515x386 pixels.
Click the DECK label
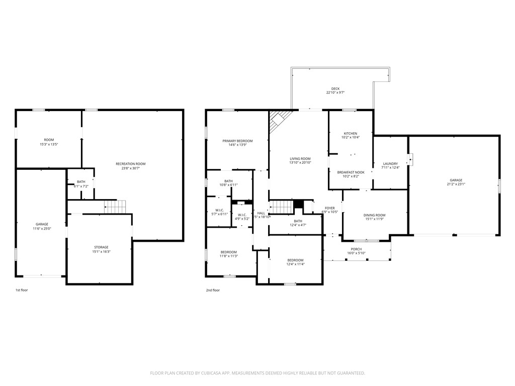coord(335,88)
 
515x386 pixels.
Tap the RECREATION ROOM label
coord(130,164)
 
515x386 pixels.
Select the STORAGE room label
coord(101,247)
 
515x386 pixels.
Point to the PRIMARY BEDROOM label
coord(237,141)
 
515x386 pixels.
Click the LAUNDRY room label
coord(390,163)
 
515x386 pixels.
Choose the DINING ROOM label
coord(374,215)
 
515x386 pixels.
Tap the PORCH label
coord(356,249)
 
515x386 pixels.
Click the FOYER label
coord(329,208)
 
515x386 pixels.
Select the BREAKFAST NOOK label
coord(350,172)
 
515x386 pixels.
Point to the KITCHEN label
coord(350,133)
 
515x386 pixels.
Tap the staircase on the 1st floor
coord(115,206)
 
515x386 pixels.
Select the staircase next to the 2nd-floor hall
coord(281,207)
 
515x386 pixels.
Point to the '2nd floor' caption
coord(213,290)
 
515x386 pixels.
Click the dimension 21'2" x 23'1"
coord(456,184)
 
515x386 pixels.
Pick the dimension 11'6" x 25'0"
coord(42,228)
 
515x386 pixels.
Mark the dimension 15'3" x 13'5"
coord(49,144)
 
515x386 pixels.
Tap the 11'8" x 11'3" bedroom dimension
coord(229,256)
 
